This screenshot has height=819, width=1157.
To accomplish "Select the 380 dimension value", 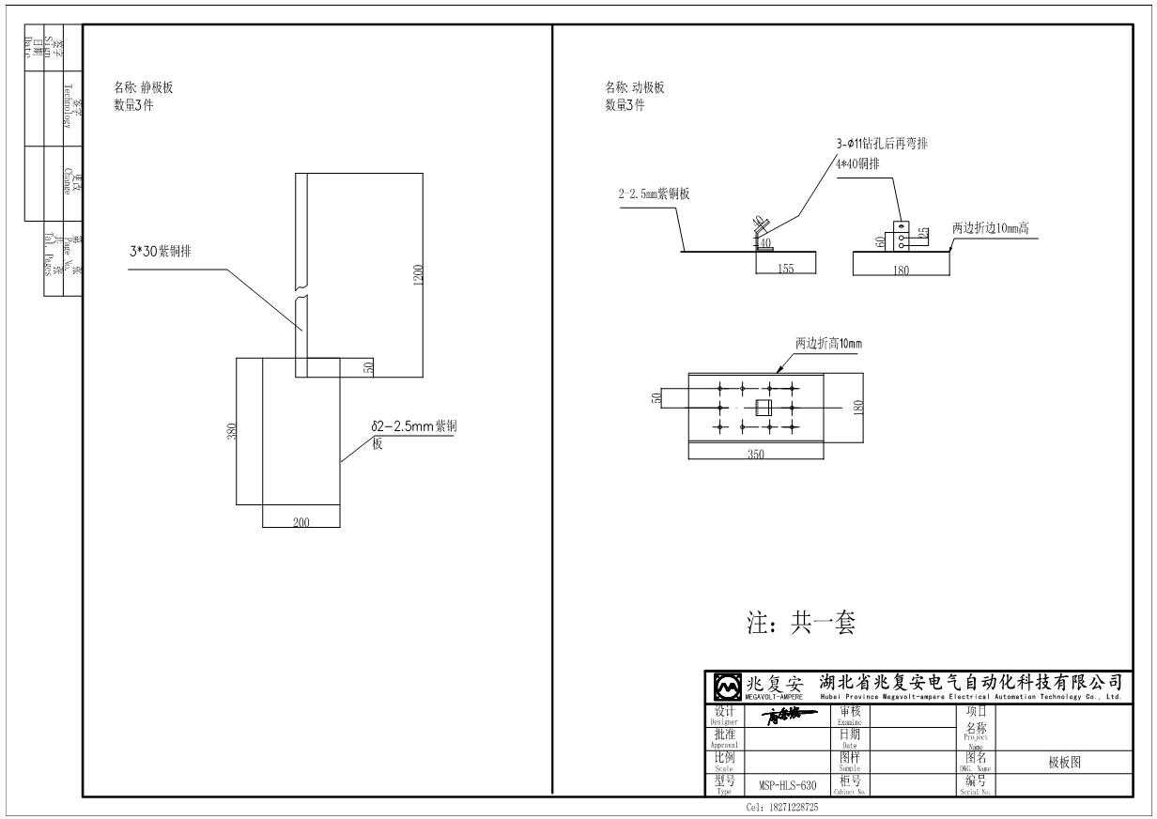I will coord(232,431).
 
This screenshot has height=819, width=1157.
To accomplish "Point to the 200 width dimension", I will coord(301,522).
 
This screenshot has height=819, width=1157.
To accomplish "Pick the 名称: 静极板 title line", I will coord(143,88).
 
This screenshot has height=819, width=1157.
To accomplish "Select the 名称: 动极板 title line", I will coord(634,88).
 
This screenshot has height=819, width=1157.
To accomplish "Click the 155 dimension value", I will coord(785,268).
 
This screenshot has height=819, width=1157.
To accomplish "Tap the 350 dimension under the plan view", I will coord(756,454).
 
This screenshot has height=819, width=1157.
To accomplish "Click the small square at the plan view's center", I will coord(764,408).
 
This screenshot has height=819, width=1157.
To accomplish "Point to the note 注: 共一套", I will coord(800,623).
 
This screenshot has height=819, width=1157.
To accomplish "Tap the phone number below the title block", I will coord(781,807).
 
